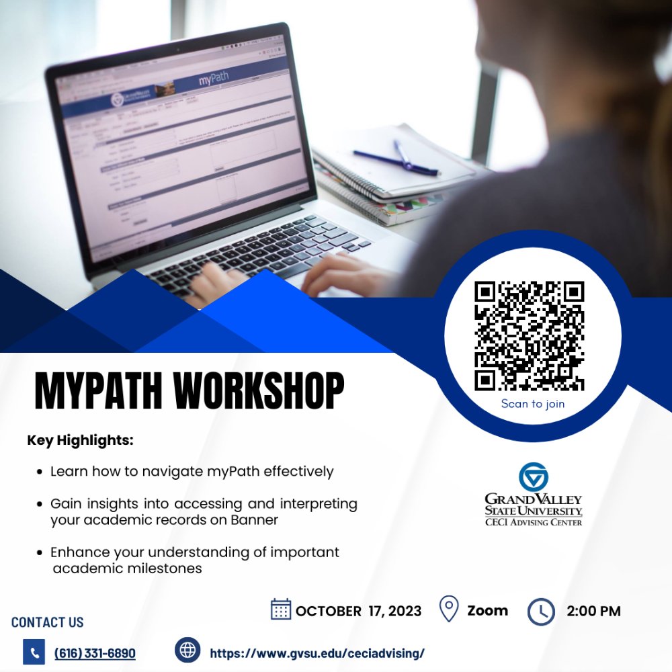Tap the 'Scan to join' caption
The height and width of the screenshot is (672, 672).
coord(532,404)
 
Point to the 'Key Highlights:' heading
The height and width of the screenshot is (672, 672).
coord(81,442)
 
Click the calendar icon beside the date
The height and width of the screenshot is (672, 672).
coord(280,610)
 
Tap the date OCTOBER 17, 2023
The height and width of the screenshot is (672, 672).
coord(359,611)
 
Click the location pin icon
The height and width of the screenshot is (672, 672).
coord(448,610)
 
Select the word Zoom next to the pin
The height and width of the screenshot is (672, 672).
coord(487,610)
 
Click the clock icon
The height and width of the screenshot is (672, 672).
coord(541,612)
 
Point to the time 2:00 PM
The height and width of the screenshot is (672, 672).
coord(593,611)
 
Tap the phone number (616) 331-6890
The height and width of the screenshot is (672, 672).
coord(95,653)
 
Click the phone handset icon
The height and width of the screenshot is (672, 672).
coord(34,652)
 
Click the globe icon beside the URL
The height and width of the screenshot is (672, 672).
coord(187,650)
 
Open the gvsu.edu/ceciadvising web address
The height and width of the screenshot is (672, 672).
coord(317,653)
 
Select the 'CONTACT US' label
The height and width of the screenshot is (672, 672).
coord(48,622)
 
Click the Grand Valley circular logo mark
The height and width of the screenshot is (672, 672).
coord(534,476)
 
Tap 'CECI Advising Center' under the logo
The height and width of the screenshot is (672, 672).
coord(534,522)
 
